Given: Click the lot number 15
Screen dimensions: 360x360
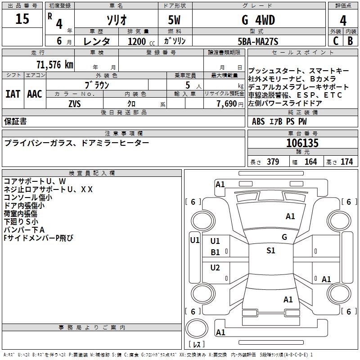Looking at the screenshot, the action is pos(22,19).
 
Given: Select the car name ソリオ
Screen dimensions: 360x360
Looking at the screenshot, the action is pos(116,20).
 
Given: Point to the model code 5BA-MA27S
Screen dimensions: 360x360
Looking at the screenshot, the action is pos(258,41).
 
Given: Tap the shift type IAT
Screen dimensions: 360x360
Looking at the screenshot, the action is pos(13,94).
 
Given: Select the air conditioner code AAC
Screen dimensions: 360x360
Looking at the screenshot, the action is pos(35,94).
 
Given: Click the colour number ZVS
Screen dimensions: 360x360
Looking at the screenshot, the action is pos(74,103).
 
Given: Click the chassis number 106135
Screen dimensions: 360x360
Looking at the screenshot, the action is pos(302,144).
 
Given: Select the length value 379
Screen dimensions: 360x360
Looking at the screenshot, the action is pos(272,162).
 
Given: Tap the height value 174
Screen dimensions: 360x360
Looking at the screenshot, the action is pos(346,162).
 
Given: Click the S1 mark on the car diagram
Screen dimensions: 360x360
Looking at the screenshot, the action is pos(270,251).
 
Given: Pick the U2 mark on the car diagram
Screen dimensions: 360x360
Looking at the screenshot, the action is pos(215,268).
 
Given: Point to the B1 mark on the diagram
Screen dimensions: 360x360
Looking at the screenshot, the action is pos(215,252).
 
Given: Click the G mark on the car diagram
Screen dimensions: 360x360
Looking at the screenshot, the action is pos(284,237).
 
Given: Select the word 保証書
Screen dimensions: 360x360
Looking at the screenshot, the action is pos(15,121).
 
